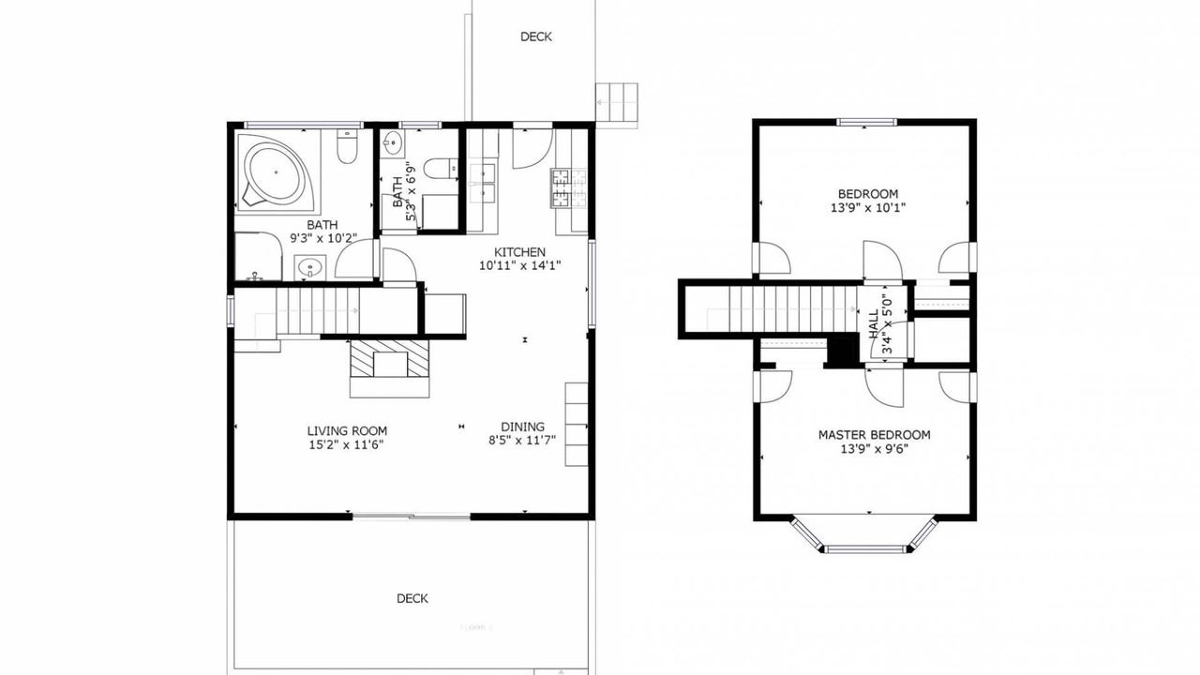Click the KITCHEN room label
pyautogui.click(x=519, y=252)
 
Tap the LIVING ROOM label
pyautogui.click(x=347, y=430)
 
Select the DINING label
pyautogui.click(x=522, y=427)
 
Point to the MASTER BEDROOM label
pyautogui.click(x=875, y=435)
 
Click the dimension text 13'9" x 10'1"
pyautogui.click(x=868, y=208)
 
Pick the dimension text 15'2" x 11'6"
pyautogui.click(x=346, y=444)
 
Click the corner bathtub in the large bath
pyautogui.click(x=273, y=172)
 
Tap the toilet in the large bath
pyautogui.click(x=348, y=146)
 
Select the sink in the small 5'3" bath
pyautogui.click(x=393, y=143)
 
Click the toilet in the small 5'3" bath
pyautogui.click(x=441, y=169)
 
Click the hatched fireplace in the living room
pyautogui.click(x=389, y=358)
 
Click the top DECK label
pyautogui.click(x=536, y=37)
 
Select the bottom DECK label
pyautogui.click(x=412, y=598)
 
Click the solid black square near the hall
pyautogui.click(x=841, y=350)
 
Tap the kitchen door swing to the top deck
pyautogui.click(x=532, y=149)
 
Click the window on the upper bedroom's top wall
pyautogui.click(x=865, y=122)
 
